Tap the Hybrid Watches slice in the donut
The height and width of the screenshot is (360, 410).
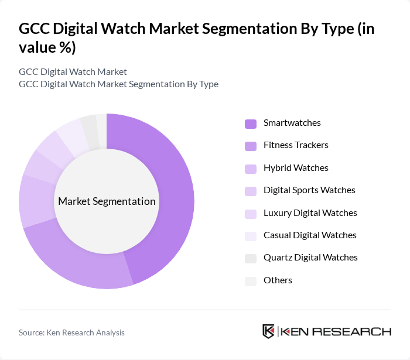tap(36, 202)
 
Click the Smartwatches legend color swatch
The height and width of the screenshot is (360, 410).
tap(251, 124)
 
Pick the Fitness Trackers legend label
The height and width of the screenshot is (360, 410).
tap(296, 145)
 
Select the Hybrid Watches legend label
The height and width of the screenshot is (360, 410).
tap(296, 168)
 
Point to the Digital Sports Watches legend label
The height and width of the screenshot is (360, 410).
tap(309, 190)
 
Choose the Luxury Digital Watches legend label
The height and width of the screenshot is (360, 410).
tap(310, 213)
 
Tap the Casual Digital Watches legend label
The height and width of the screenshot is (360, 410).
tap(310, 235)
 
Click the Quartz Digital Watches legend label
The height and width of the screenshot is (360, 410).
tap(310, 258)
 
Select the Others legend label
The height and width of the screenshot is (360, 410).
tap(278, 280)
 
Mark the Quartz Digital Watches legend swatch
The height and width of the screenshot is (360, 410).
tap(251, 258)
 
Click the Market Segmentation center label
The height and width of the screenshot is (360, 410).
tap(107, 201)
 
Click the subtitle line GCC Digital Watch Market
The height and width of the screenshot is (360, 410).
tap(73, 72)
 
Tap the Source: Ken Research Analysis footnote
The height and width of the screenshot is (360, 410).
tap(71, 332)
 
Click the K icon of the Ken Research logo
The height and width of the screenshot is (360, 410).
tap(269, 331)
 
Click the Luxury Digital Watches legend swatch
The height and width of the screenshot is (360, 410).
tap(251, 214)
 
